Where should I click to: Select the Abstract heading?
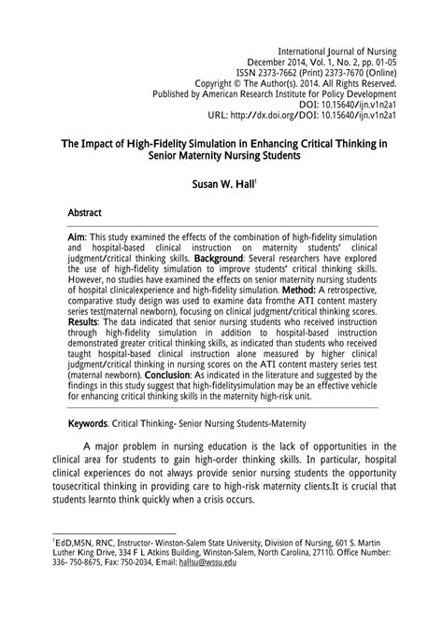coord(85,213)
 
